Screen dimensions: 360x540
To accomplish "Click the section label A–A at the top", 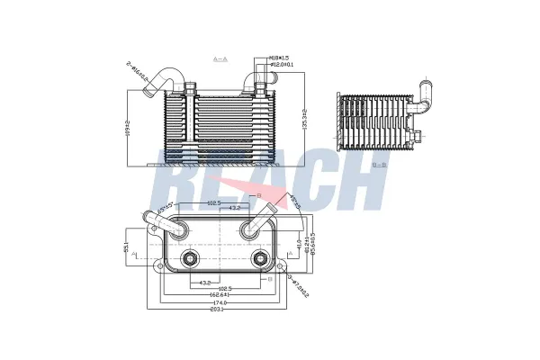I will point(220,58).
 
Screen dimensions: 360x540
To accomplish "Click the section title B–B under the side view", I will point(379,165).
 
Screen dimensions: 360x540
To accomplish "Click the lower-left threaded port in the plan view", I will point(190,261).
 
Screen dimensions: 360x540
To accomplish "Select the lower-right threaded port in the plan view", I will point(260,261).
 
